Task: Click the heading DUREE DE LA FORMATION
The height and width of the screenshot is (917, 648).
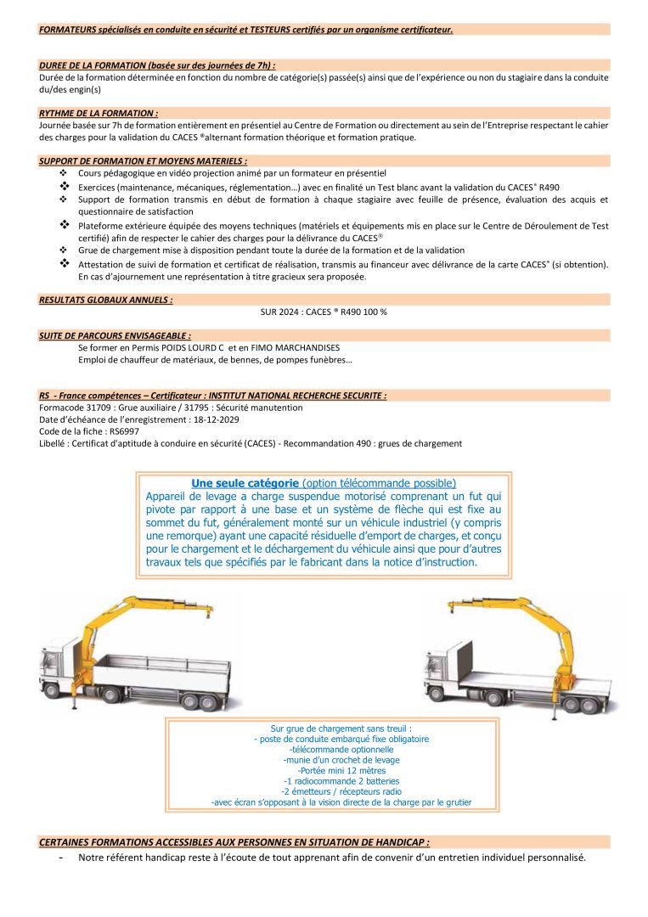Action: pyautogui.click(x=157, y=65)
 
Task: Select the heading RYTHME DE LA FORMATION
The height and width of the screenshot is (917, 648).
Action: pyautogui.click(x=99, y=112)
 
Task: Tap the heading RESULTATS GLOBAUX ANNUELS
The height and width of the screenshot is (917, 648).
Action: pyautogui.click(x=106, y=300)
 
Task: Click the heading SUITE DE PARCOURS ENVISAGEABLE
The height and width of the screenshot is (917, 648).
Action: pyautogui.click(x=115, y=335)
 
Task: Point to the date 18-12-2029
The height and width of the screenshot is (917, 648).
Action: pyautogui.click(x=215, y=419)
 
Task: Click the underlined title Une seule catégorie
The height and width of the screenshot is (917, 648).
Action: pyautogui.click(x=245, y=483)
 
